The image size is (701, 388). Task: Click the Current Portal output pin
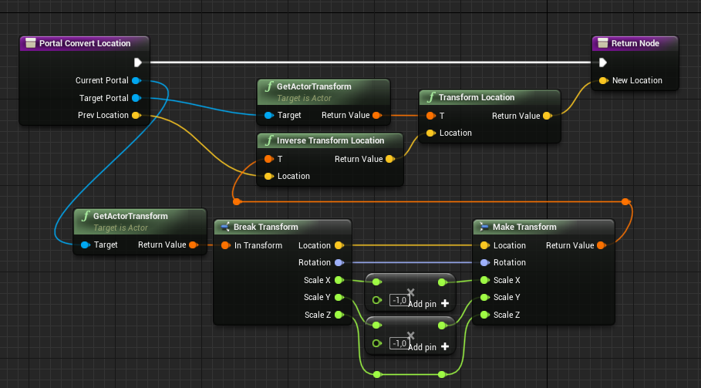(x=136, y=80)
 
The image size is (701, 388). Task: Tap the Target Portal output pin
(x=136, y=98)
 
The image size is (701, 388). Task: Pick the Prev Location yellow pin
(x=136, y=116)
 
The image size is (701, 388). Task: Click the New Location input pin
(x=603, y=80)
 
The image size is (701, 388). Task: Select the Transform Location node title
(x=476, y=98)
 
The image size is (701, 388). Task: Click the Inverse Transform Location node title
(x=330, y=140)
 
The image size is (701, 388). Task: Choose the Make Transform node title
(x=524, y=227)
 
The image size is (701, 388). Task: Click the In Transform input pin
(x=226, y=245)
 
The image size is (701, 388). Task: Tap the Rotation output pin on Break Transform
(x=339, y=262)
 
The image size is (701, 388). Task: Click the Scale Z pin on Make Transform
(x=484, y=315)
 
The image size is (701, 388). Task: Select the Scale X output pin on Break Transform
(x=339, y=280)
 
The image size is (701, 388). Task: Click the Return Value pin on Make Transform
(x=601, y=245)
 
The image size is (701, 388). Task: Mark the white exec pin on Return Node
(x=602, y=62)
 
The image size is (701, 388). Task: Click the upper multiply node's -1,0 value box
(x=399, y=300)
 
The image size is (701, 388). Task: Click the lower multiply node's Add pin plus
(x=445, y=347)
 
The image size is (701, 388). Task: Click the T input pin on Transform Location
(x=430, y=116)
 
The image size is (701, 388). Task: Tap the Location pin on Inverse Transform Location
(x=268, y=176)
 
